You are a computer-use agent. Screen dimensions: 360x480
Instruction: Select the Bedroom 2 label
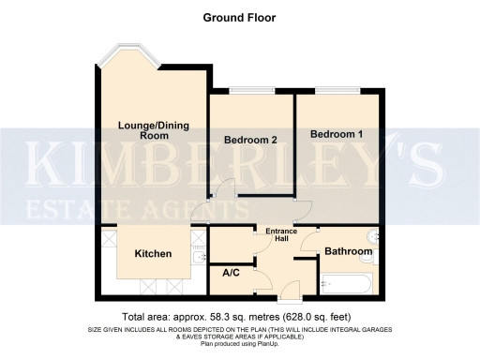(250, 141)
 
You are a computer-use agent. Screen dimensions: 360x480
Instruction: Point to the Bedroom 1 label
(337, 135)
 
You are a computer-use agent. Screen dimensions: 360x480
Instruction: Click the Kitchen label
(153, 254)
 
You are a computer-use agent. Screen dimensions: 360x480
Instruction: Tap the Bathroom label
(349, 252)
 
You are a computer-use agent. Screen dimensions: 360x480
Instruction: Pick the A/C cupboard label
(231, 273)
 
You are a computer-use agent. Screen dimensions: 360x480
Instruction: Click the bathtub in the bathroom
(348, 281)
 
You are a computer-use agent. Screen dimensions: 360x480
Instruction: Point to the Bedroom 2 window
(249, 89)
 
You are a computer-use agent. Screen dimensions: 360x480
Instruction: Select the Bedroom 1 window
(337, 89)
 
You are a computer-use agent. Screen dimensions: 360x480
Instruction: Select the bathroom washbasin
(375, 235)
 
